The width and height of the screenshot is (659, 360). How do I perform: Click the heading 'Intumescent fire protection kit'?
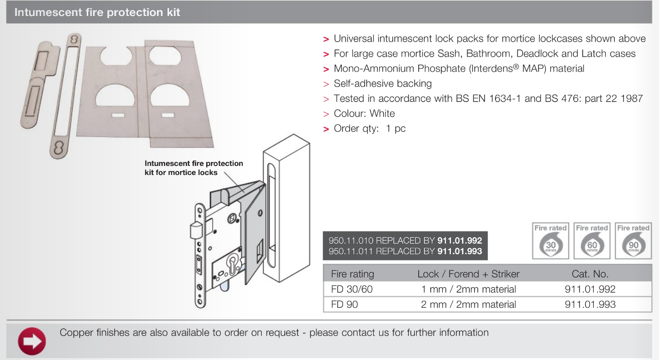(97, 13)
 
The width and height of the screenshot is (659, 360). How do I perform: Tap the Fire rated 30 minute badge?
(550, 241)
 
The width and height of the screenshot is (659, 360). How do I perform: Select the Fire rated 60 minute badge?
(592, 241)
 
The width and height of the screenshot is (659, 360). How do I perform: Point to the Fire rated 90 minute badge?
(633, 241)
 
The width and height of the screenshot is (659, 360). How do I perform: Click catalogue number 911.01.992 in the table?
(590, 289)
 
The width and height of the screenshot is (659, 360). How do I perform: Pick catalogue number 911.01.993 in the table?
(590, 304)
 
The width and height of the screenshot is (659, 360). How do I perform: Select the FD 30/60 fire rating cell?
(352, 289)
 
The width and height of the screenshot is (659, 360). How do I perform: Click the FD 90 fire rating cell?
(345, 304)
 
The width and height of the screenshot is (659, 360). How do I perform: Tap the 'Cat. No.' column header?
(590, 274)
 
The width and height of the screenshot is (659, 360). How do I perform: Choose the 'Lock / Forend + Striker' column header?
(468, 274)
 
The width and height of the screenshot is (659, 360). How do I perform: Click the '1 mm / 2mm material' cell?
(468, 289)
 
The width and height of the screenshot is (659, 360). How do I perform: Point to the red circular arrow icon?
(32, 341)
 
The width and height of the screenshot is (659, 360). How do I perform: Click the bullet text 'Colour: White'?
(364, 113)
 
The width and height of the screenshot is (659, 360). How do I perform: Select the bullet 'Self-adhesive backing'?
(383, 84)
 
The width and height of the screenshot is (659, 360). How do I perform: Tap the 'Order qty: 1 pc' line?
(370, 128)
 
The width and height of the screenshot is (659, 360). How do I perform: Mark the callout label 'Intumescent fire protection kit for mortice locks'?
(194, 168)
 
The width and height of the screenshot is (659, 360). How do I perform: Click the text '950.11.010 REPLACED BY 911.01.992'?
(405, 240)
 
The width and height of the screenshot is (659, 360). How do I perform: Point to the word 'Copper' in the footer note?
(75, 332)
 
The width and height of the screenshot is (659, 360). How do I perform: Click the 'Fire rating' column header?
(353, 274)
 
